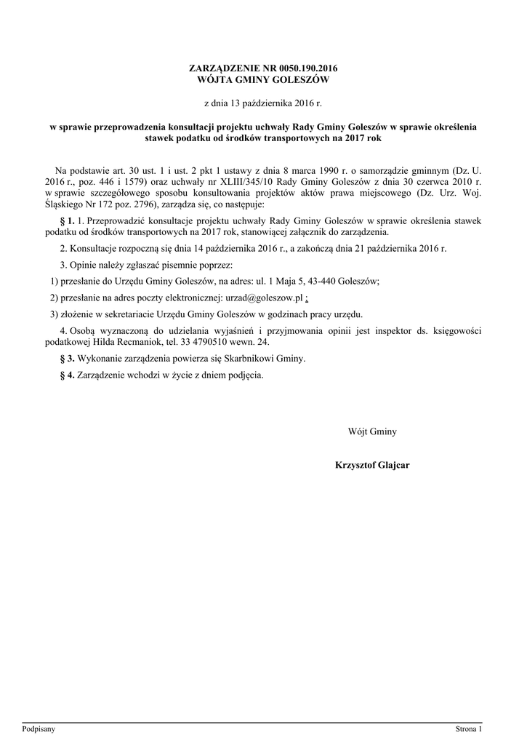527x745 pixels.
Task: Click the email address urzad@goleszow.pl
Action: click(x=267, y=298)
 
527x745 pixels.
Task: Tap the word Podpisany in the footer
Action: click(x=39, y=728)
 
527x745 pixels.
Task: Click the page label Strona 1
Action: click(x=468, y=728)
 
